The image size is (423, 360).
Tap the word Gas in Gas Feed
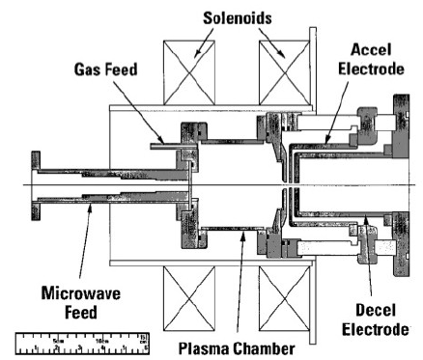point(90,70)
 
